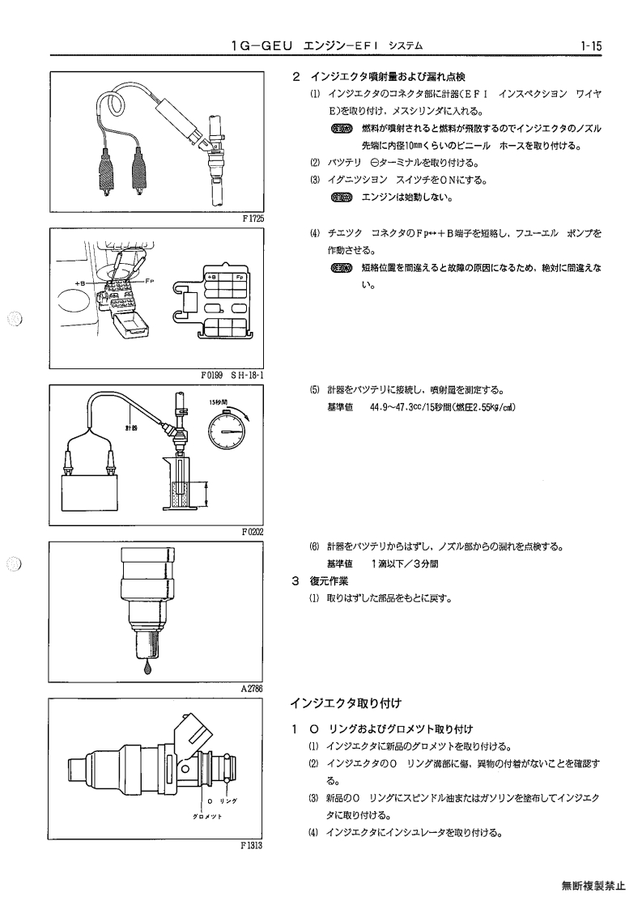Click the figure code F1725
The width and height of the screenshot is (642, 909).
click(x=253, y=219)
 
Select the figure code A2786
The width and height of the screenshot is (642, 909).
click(x=253, y=689)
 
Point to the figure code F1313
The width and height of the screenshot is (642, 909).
click(x=252, y=846)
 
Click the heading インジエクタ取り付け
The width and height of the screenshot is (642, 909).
click(x=346, y=703)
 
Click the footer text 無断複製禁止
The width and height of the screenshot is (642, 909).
click(x=593, y=886)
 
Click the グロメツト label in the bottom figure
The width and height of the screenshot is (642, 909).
click(x=207, y=816)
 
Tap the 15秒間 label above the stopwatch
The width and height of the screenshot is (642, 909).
click(x=219, y=401)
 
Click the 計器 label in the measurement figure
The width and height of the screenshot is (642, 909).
click(x=130, y=428)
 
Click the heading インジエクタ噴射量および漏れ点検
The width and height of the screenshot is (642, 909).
click(x=388, y=77)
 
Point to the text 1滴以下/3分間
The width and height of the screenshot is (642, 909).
click(x=406, y=563)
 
